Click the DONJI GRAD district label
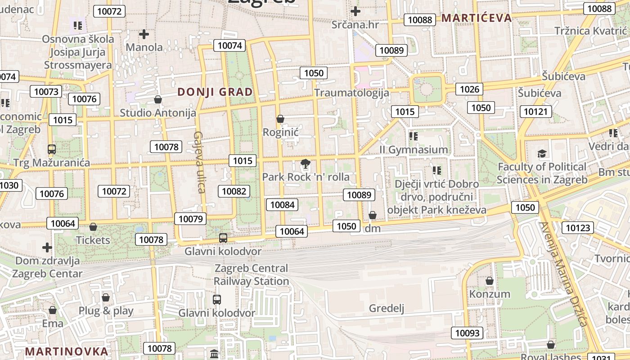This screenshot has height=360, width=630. [215, 92]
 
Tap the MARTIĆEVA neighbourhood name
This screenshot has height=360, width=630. [477, 18]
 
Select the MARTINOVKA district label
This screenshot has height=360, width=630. [67, 351]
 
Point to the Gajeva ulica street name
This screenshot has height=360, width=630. [199, 162]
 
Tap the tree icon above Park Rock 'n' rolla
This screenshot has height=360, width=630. [306, 164]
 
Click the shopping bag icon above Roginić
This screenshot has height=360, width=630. [280, 119]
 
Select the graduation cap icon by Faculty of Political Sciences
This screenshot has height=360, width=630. [542, 154]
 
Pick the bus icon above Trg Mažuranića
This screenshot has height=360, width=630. [52, 149]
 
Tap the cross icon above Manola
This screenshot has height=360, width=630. [144, 34]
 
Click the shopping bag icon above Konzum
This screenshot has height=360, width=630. [490, 281]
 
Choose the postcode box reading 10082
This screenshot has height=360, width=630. [234, 191]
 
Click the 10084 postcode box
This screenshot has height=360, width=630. [282, 205]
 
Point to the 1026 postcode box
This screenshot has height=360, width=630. [469, 89]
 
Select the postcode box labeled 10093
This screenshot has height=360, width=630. [468, 333]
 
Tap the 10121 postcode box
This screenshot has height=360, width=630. [535, 112]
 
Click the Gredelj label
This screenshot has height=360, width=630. [387, 308]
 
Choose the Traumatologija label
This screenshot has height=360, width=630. [351, 93]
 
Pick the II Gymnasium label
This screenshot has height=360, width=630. [414, 149]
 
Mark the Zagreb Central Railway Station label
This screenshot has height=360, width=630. [251, 274]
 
